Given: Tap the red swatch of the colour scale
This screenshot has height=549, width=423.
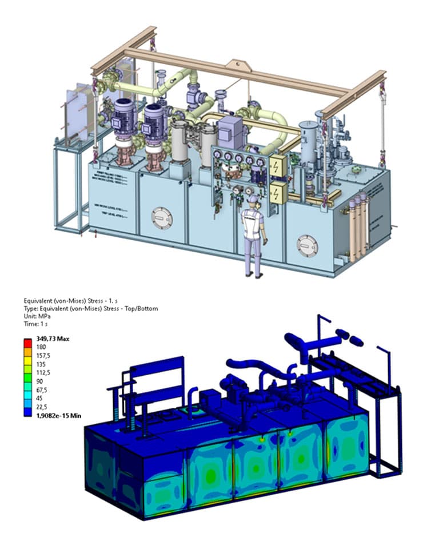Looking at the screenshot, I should (x=28, y=342).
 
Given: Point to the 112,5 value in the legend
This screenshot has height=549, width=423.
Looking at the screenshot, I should (x=44, y=373).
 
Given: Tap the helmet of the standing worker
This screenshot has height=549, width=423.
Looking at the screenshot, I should (x=253, y=199).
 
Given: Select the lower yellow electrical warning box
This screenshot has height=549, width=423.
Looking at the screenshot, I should (x=278, y=193).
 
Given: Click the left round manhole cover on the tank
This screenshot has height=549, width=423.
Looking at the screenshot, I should (x=162, y=218).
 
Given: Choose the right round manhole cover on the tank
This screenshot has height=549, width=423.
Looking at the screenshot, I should (x=307, y=245).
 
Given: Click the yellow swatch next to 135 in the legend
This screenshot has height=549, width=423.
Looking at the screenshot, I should (x=28, y=364).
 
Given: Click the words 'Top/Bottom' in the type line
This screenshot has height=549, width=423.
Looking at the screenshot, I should (x=141, y=309).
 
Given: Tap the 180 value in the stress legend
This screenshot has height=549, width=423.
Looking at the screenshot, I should (x=41, y=347).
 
